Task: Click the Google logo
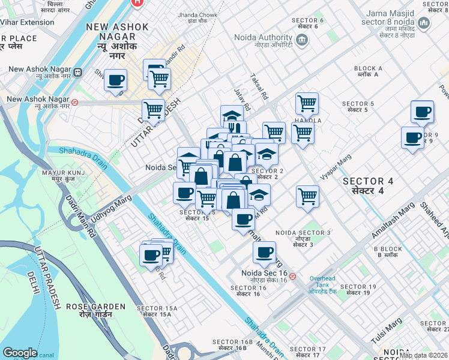20,353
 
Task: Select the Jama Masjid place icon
424,23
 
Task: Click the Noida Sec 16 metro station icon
292,277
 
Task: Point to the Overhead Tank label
324,282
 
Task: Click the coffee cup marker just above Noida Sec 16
264,253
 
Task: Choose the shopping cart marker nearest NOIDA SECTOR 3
307,196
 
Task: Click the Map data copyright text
424,355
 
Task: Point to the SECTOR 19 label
358,290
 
